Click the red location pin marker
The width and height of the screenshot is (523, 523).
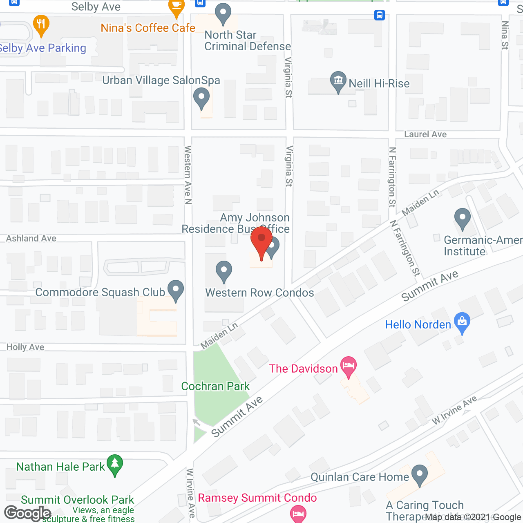261,241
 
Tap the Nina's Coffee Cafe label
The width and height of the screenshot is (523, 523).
148,28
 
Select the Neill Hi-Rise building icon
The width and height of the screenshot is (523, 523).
338,81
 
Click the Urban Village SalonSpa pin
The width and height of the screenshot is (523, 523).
201,99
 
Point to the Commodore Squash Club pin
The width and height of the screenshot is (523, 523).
176,290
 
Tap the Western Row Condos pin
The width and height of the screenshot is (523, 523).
224,271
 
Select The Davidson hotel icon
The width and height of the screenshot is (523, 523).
349,366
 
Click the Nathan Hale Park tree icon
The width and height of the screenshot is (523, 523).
115,465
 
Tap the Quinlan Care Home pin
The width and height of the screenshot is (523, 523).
419,475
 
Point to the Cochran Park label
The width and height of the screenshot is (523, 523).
215,386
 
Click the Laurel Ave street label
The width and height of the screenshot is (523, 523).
425,134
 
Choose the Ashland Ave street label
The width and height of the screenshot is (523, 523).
31,238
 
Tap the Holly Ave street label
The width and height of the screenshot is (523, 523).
25,347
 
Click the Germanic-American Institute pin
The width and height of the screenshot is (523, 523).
463,219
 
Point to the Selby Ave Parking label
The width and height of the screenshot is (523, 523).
42,48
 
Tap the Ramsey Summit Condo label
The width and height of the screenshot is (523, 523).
257,498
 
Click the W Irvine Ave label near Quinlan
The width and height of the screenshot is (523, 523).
454,410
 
